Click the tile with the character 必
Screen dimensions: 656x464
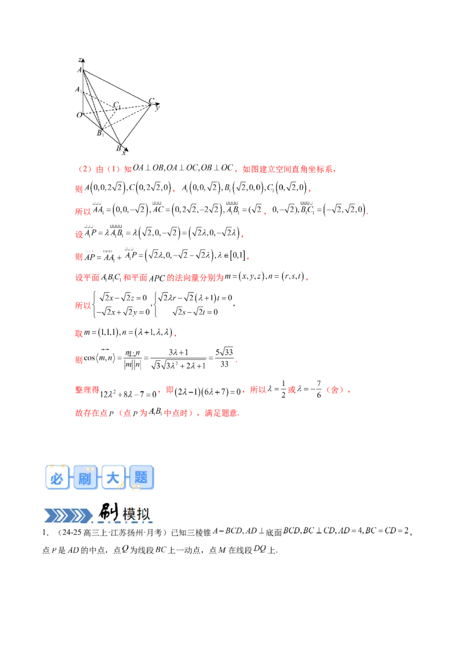(56, 479)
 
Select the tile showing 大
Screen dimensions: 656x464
(113, 479)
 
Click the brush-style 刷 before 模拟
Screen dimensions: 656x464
(108, 512)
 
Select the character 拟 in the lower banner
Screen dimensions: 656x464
(146, 514)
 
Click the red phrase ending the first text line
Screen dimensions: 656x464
(288, 170)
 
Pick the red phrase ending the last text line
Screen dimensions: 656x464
(224, 414)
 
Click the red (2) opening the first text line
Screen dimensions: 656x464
(84, 169)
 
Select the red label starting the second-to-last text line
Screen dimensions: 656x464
(88, 390)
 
